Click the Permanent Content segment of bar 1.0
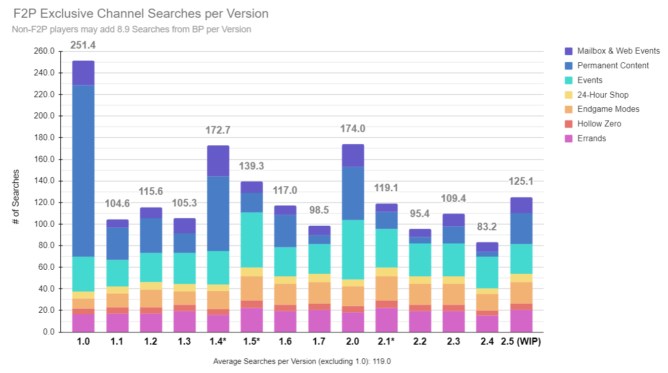click(83, 171)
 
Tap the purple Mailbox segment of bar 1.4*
click(218, 160)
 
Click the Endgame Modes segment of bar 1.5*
click(252, 288)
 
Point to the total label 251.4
click(83, 46)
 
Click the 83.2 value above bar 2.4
click(487, 227)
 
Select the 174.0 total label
click(352, 129)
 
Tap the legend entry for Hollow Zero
click(599, 124)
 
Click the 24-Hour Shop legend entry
click(602, 95)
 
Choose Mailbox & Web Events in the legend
click(618, 51)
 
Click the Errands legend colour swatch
click(568, 139)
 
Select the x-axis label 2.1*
click(386, 342)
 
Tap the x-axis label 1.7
click(319, 342)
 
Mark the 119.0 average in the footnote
click(382, 362)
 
